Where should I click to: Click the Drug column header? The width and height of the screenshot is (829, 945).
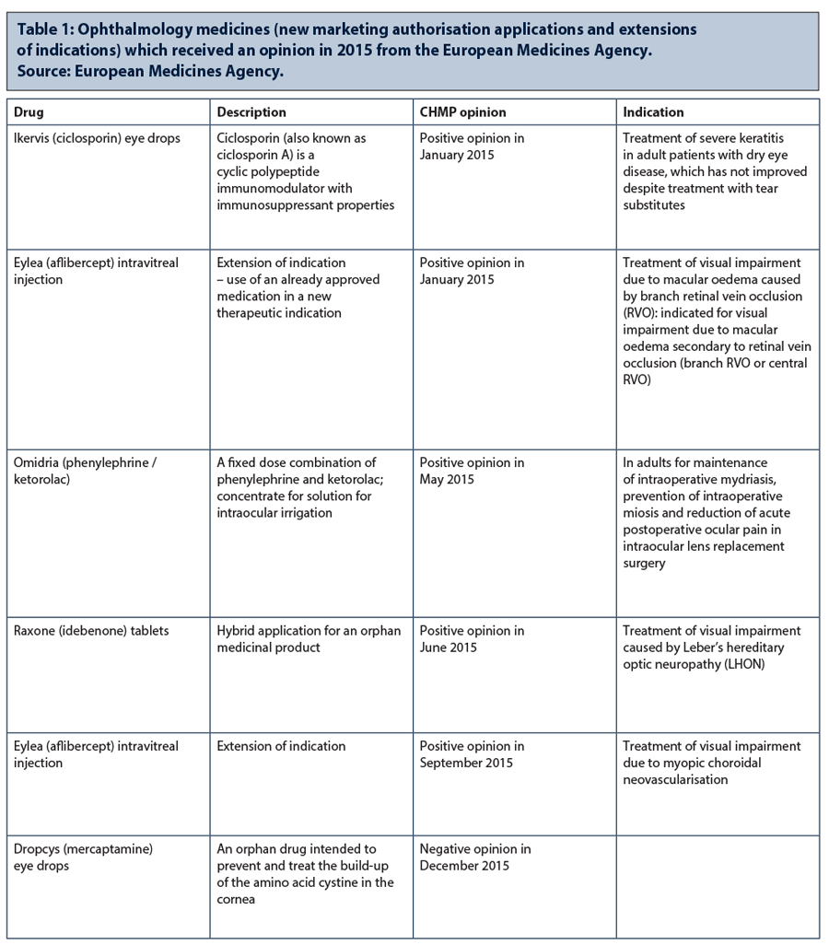[29, 112]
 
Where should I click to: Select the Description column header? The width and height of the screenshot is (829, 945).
[251, 112]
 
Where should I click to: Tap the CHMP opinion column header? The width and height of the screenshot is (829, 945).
[463, 112]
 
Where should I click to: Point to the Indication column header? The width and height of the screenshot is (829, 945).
[653, 112]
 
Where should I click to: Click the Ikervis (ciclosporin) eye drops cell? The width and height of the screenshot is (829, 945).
[97, 138]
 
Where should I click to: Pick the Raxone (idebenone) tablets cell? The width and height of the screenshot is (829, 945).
[85, 631]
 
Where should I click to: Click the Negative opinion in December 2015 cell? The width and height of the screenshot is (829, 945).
[475, 857]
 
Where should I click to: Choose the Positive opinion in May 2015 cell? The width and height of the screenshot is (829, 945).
[472, 471]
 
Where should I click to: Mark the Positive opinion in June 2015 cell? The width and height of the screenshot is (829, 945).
[472, 639]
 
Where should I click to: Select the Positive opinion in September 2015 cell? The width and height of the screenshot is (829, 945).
[472, 754]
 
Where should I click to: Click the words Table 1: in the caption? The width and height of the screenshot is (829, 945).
[46, 29]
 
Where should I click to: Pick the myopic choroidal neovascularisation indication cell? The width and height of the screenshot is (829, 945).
[711, 763]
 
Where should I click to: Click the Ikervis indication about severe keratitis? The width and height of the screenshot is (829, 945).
[714, 171]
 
